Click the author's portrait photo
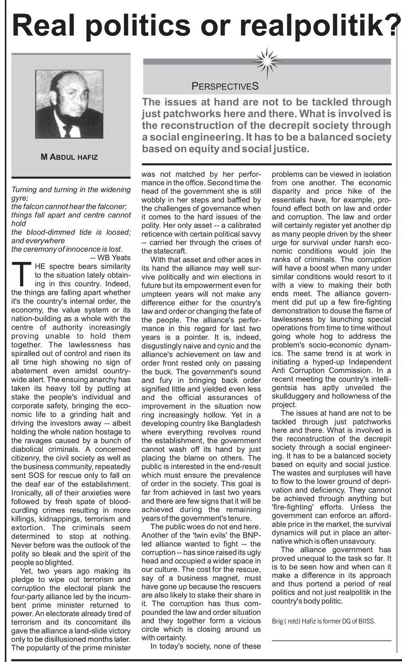pyautogui.click(x=69, y=104)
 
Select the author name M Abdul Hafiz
pyautogui.click(x=69, y=157)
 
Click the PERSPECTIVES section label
pyautogui.click(x=225, y=86)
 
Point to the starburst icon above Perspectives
pyautogui.click(x=266, y=63)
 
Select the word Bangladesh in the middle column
pyautogui.click(x=240, y=423)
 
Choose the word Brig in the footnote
pyautogui.click(x=278, y=621)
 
